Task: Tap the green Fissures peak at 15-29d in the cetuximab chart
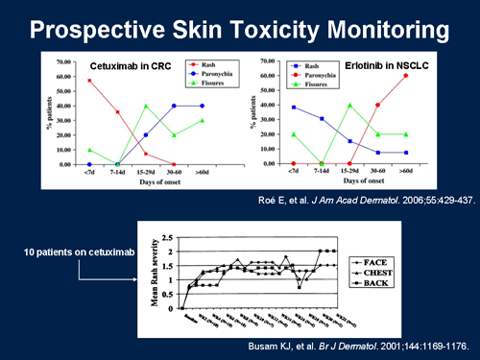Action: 146,106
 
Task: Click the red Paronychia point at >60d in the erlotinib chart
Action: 432,76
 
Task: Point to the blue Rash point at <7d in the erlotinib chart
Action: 292,108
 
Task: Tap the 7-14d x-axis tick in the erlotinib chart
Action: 321,172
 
